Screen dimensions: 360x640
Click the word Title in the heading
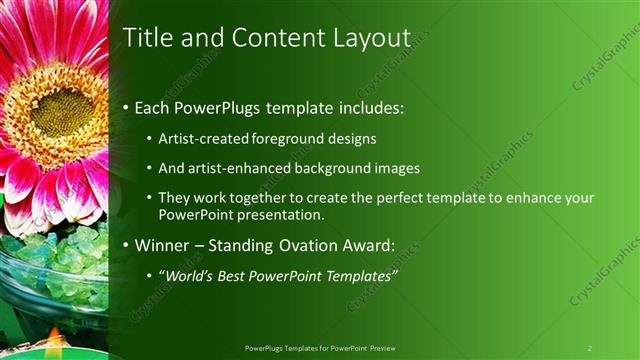(145, 37)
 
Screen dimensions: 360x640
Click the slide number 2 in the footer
(590, 348)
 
